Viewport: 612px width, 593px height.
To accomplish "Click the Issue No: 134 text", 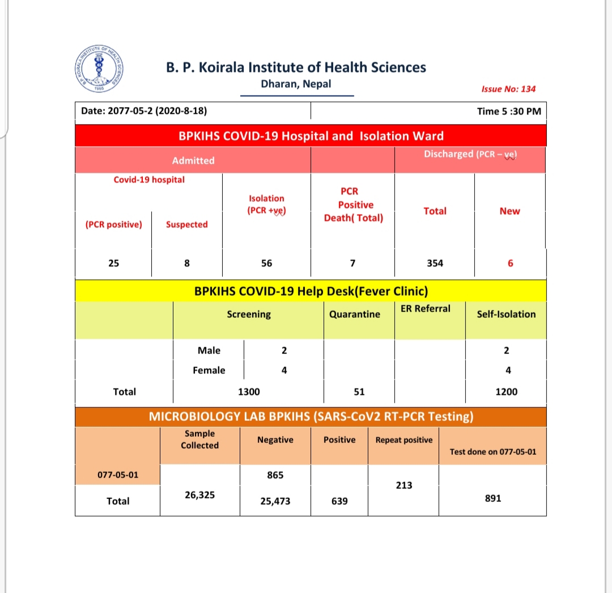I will (x=508, y=89).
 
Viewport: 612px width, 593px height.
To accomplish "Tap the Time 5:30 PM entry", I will (x=509, y=111).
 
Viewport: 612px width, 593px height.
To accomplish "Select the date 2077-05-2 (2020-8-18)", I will (x=143, y=111).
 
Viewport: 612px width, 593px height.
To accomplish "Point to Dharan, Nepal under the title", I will (x=296, y=84).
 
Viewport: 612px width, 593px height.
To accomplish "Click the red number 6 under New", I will (x=510, y=263).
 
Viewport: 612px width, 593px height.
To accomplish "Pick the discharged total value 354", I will (x=435, y=263).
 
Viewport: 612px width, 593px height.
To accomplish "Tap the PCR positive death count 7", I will (x=352, y=263).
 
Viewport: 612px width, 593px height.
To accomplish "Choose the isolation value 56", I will (x=266, y=263).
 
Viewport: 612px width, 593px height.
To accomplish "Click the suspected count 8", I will (x=187, y=263).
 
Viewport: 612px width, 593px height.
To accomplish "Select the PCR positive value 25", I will (x=113, y=263).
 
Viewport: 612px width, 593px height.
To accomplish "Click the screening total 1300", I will (x=249, y=391).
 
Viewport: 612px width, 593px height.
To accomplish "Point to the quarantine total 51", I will (x=359, y=391).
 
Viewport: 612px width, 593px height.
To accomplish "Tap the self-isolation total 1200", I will (x=506, y=391).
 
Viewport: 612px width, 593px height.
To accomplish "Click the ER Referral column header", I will (x=425, y=309).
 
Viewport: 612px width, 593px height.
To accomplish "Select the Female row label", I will (x=209, y=370).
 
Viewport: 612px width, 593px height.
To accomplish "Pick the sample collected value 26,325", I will (x=199, y=495).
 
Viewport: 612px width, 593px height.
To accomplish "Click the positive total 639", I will (x=339, y=501).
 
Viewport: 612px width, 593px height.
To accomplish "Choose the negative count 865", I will (x=275, y=475).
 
